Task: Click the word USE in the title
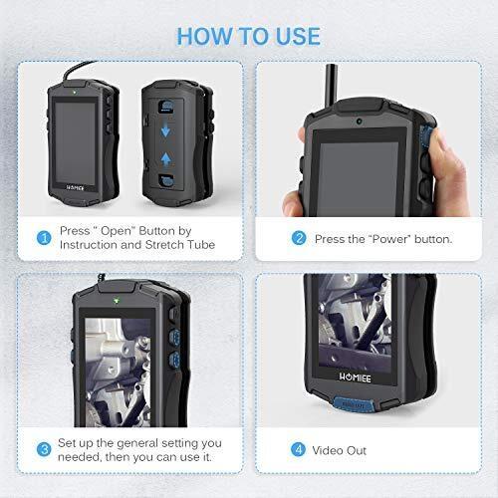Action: coord(298,36)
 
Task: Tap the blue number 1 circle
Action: coord(44,238)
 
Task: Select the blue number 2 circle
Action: coord(299,238)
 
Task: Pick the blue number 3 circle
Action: coord(44,449)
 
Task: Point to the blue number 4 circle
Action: coord(298,449)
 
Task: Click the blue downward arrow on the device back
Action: coord(165,130)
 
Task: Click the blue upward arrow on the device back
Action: coord(165,159)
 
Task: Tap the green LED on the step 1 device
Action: coord(75,92)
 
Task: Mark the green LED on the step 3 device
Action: coord(117,301)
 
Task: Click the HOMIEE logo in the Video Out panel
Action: coord(355,377)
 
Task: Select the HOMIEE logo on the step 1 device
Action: coord(75,188)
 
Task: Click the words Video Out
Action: coord(340,450)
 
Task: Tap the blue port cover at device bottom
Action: coord(354,405)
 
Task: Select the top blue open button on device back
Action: coord(165,107)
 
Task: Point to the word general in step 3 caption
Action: coord(137,443)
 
